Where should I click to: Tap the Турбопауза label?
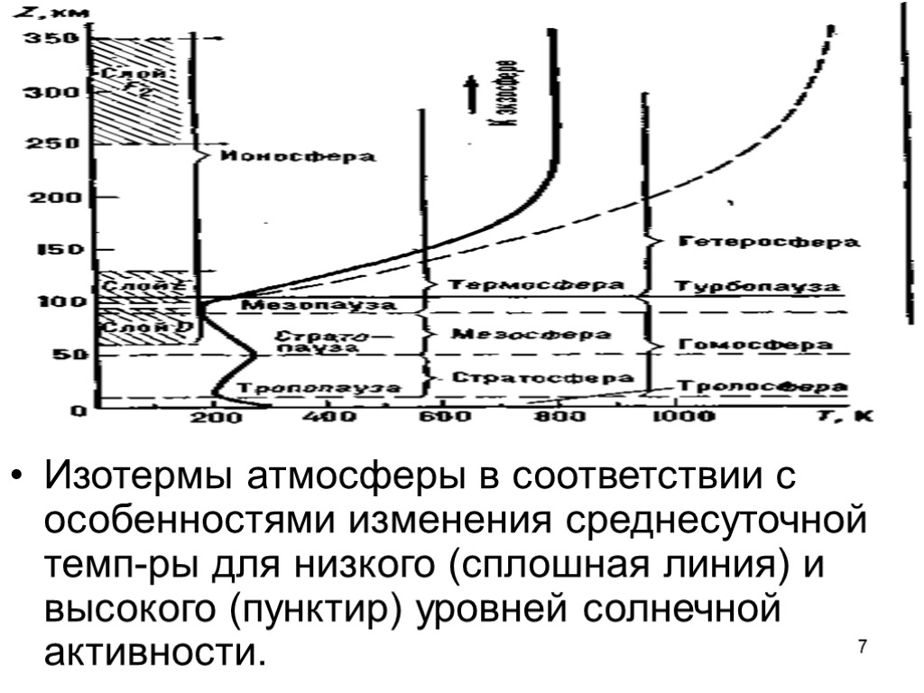point(758,285)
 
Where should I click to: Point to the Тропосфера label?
point(756,386)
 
